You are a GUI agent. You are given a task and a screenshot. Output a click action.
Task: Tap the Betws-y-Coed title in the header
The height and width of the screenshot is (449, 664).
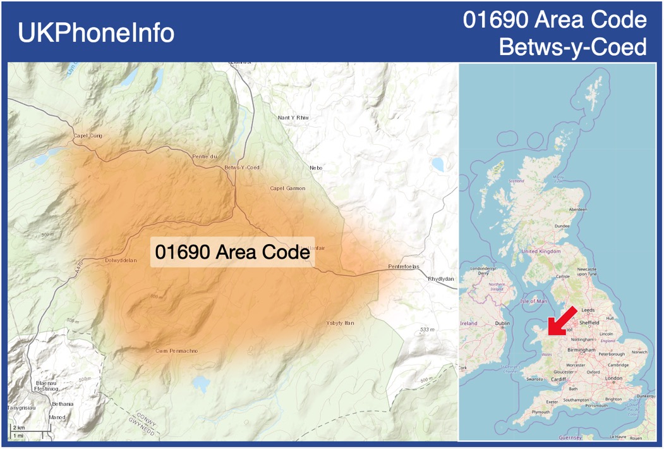coord(572,46)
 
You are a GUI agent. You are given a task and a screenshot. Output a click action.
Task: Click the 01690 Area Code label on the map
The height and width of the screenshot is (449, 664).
coord(232,252)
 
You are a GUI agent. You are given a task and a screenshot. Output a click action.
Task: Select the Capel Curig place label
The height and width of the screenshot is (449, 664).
coord(87,135)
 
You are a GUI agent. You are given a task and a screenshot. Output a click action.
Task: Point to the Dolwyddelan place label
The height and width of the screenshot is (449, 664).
coord(121,260)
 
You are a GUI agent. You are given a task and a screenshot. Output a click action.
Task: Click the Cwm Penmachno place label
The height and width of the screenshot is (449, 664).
coord(178,350)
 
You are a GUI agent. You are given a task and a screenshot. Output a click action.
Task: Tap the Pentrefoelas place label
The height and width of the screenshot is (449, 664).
coord(404,266)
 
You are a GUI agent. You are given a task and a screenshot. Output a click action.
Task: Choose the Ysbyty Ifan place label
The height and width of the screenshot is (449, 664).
coord(340,323)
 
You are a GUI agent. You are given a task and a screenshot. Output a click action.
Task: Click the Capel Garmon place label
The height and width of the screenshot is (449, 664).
coord(287,188)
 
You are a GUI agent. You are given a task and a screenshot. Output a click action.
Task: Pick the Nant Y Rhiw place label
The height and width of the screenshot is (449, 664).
coord(294,118)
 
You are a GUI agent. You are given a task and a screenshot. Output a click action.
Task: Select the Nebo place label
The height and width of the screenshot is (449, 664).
coord(315,168)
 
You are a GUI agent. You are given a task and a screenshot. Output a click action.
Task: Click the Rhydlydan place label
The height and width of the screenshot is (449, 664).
coord(440,279)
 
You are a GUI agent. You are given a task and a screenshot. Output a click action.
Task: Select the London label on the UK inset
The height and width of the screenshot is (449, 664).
coord(613,378)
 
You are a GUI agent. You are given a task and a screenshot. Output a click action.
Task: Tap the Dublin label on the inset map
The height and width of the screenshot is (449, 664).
coord(503,323)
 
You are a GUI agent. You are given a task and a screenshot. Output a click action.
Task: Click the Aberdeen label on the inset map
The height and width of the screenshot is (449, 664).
coord(577,209)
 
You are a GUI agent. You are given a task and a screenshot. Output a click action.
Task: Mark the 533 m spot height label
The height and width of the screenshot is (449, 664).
coord(427,329)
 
